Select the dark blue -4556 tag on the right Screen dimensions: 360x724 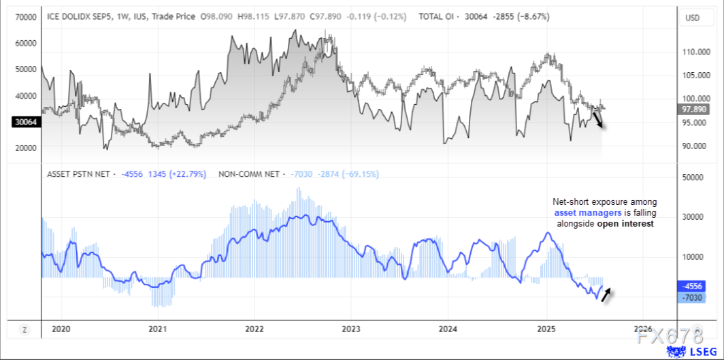click(693, 287)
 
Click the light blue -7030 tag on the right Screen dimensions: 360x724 click(693, 297)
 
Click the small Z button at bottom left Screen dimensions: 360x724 click(24, 330)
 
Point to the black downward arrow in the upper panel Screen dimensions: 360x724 click(598, 120)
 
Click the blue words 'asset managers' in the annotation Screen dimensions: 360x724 click(582, 213)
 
